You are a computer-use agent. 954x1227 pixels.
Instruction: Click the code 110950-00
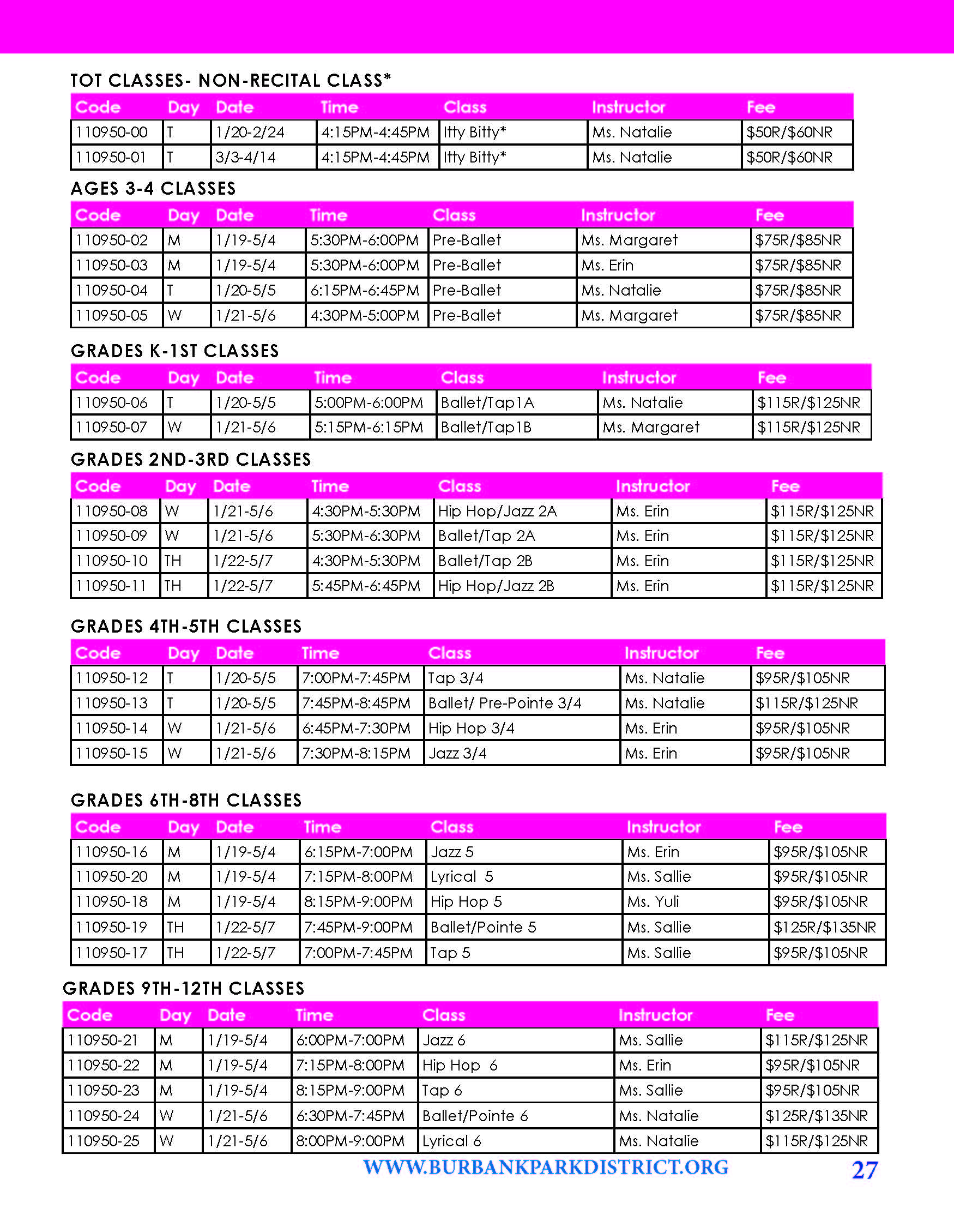point(112,133)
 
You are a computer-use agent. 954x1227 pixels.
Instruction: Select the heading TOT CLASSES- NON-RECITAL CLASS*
point(231,80)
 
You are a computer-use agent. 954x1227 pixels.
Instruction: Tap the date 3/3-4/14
point(245,157)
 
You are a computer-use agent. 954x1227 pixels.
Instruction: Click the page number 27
point(864,1170)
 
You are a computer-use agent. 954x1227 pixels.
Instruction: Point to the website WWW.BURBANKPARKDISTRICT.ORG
point(545,1168)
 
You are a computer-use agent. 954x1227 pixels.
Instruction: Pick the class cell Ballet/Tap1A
point(487,403)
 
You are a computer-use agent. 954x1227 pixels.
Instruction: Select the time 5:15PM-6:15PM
point(369,428)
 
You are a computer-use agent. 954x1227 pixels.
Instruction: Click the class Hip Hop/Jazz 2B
point(496,586)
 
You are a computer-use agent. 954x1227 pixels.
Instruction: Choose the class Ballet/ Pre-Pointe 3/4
point(504,703)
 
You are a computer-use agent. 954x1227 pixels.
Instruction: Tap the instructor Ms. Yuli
point(653,902)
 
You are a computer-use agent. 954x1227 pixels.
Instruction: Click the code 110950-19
point(112,927)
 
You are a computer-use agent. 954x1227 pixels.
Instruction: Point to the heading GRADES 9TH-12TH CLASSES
point(184,988)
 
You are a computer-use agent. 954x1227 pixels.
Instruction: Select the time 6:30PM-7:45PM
point(351,1116)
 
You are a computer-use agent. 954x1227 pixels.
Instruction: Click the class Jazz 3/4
point(457,754)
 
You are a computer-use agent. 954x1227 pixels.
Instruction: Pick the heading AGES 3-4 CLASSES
point(153,188)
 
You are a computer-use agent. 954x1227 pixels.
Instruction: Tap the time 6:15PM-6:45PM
point(364,291)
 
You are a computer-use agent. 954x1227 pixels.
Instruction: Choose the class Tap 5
point(450,953)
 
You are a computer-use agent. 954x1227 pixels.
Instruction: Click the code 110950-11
point(112,586)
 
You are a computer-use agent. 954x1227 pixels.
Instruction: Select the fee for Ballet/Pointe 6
point(817,1116)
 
